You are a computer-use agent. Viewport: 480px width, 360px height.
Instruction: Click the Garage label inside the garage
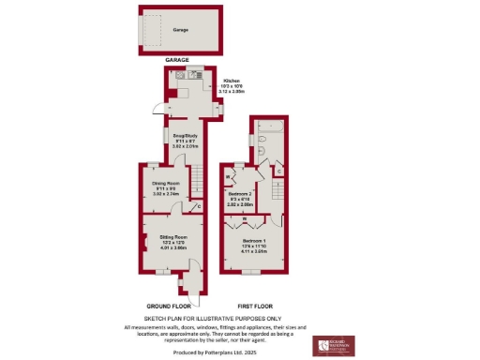point(180,30)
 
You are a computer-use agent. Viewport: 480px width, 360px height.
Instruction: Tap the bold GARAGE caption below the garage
point(179,60)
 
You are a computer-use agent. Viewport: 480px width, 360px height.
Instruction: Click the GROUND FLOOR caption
point(170,307)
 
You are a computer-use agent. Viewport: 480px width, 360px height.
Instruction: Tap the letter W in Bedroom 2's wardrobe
point(229,176)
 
